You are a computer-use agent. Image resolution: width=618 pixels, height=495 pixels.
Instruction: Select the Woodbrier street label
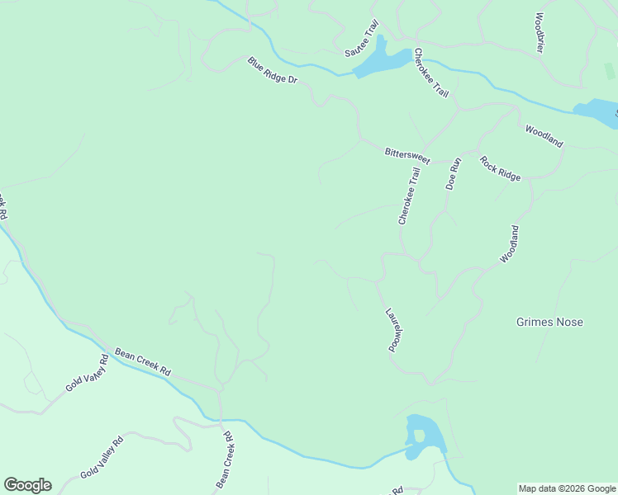pyautogui.click(x=540, y=32)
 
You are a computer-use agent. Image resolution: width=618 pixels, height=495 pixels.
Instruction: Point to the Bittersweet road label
pyautogui.click(x=407, y=154)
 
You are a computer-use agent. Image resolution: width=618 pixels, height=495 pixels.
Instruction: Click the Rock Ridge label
pyautogui.click(x=501, y=168)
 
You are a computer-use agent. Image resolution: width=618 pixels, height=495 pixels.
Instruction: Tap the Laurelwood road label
pyautogui.click(x=393, y=330)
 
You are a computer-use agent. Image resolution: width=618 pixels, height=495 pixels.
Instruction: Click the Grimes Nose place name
pyautogui.click(x=549, y=322)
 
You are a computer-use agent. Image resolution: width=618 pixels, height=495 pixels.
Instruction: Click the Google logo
pyautogui.click(x=27, y=485)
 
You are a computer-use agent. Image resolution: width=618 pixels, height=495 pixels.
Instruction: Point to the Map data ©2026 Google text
pyautogui.click(x=567, y=488)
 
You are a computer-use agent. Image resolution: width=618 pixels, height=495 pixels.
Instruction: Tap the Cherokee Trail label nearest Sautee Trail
pyautogui.click(x=431, y=73)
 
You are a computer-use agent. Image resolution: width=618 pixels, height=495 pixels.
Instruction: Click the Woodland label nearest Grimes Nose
pyautogui.click(x=510, y=244)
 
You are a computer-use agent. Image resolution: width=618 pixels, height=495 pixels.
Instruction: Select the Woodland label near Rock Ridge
pyautogui.click(x=544, y=136)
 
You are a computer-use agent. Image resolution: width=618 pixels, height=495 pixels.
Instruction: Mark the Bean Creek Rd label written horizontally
pyautogui.click(x=142, y=361)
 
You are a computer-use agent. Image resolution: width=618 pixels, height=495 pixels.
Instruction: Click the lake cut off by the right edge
pyautogui.click(x=597, y=112)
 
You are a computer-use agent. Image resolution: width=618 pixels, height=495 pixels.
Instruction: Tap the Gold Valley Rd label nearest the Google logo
pyautogui.click(x=102, y=457)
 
